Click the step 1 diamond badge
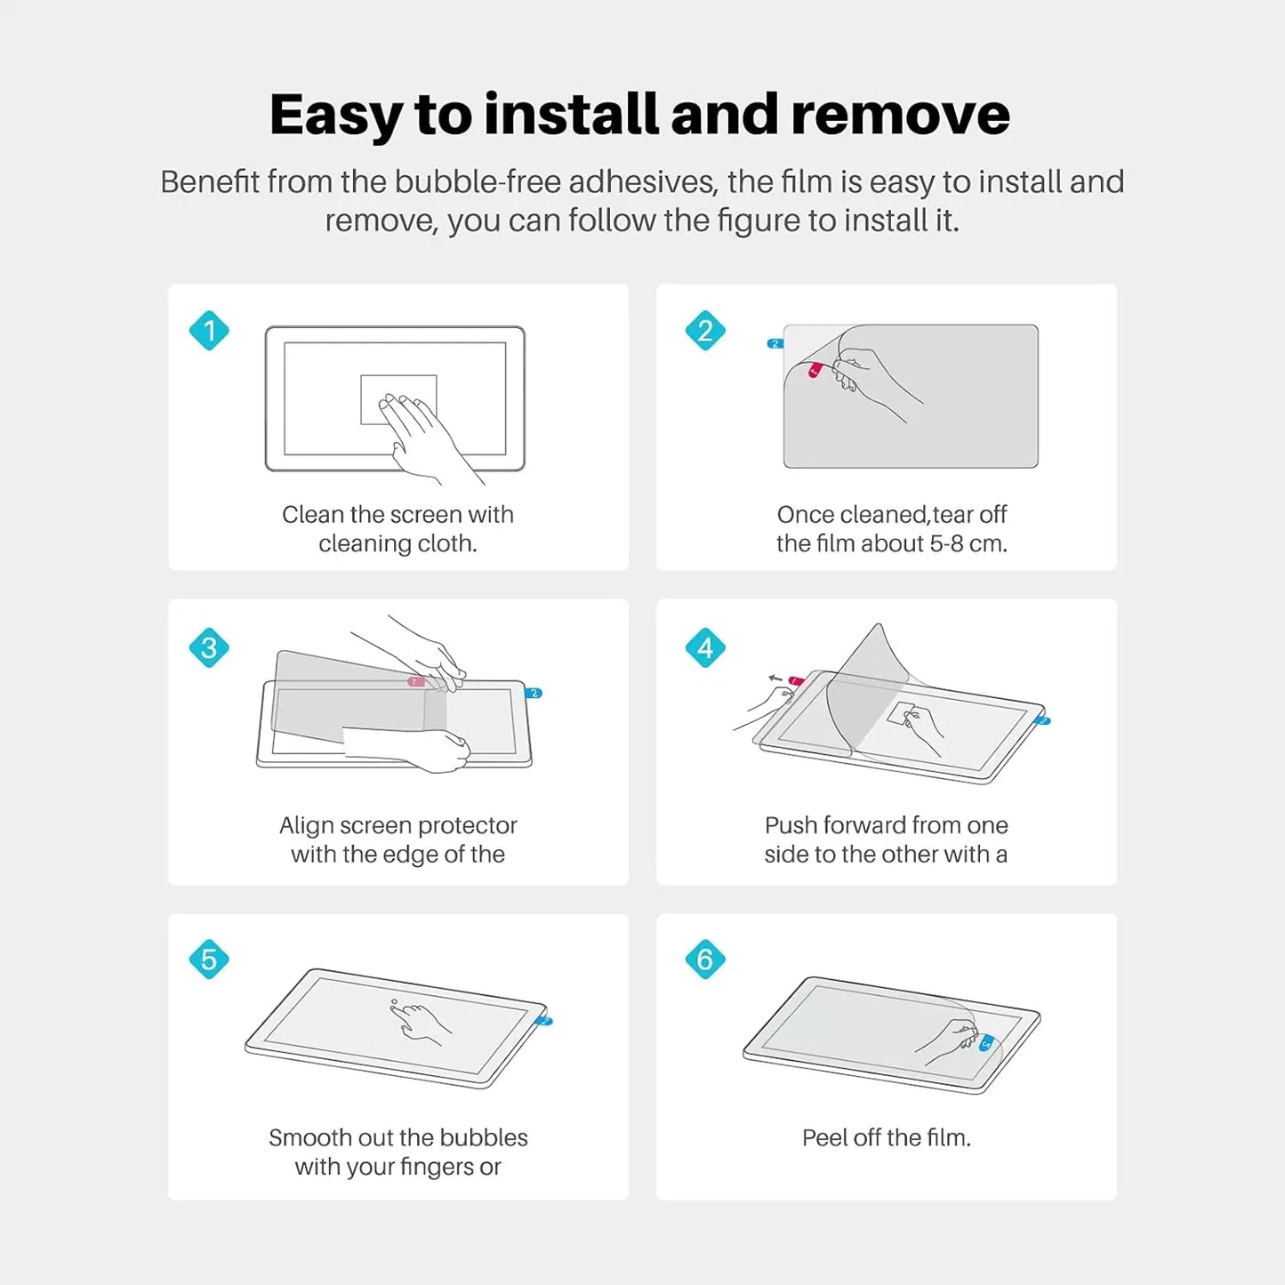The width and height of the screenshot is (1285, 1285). coord(209,331)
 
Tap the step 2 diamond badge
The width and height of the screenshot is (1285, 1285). coord(705,331)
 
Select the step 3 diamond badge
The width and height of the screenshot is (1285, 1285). coord(209,647)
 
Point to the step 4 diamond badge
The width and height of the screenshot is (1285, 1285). coord(705,647)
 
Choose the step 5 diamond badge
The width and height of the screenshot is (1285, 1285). coord(209,960)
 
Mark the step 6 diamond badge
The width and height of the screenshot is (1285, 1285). coord(705,960)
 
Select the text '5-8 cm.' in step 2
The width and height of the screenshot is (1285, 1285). coord(968,543)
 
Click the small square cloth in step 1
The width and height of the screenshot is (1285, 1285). coord(398,398)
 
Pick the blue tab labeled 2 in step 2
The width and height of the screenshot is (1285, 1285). coord(775,343)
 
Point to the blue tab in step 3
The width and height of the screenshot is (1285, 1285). coord(534,693)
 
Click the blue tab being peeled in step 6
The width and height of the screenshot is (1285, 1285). coord(985,1044)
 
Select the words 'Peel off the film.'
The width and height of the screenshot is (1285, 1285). coord(886,1137)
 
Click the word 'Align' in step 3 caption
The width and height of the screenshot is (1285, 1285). coord(306,825)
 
